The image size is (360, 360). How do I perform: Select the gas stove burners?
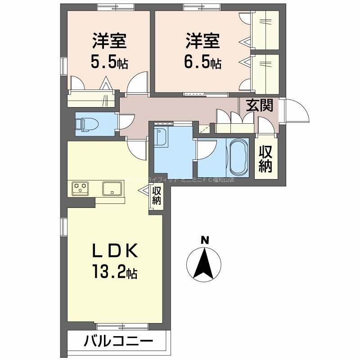click(x=81, y=188)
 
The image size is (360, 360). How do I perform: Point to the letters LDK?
click(x=115, y=250)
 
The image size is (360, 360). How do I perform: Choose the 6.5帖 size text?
click(x=202, y=62)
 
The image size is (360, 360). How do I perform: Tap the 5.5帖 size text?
click(x=109, y=62)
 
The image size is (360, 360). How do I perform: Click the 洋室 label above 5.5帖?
click(x=109, y=41)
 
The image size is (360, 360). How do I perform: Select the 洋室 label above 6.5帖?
click(x=202, y=41)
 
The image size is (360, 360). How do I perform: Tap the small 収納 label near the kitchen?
click(x=156, y=196)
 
